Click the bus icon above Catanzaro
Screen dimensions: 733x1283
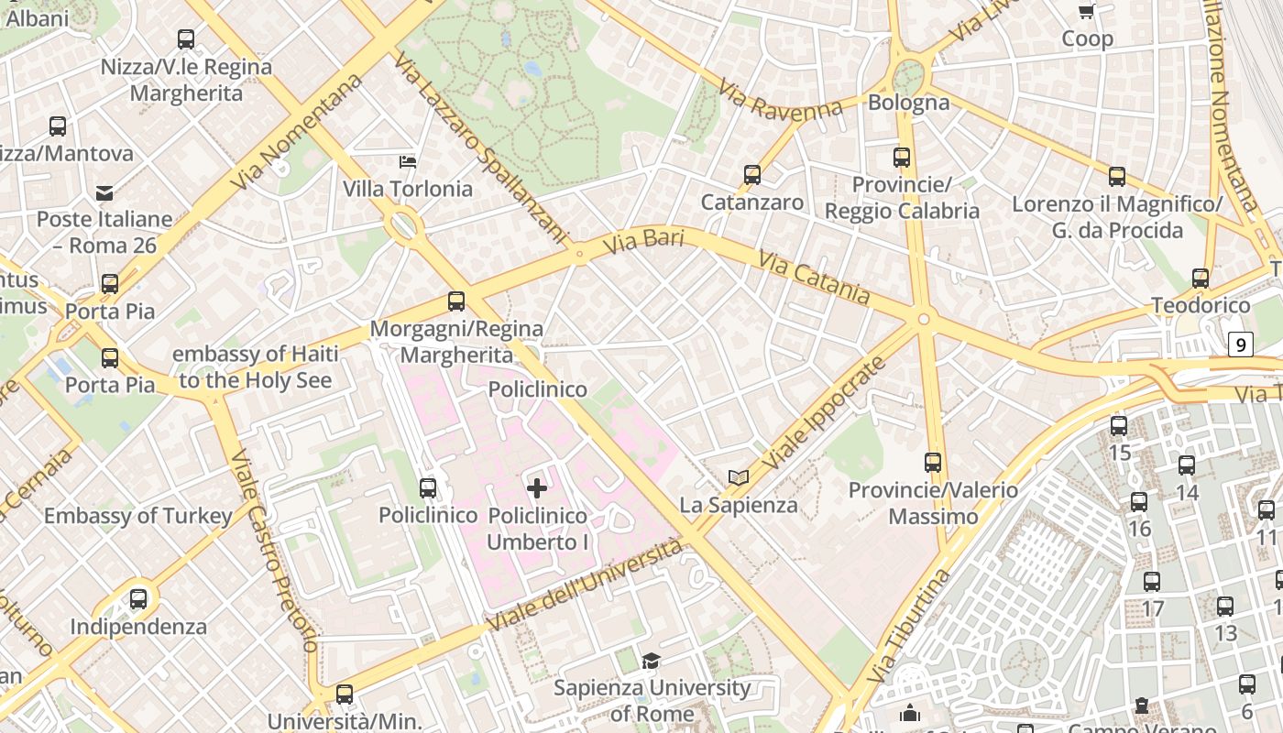(x=752, y=174)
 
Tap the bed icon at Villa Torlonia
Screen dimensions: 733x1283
(x=408, y=162)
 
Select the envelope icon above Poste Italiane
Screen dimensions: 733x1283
(x=104, y=192)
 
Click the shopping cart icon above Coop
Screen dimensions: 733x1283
(x=1087, y=11)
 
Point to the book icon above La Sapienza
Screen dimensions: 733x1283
(x=738, y=477)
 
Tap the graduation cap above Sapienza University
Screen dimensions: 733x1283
(x=651, y=661)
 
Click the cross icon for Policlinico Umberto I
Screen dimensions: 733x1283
(x=537, y=487)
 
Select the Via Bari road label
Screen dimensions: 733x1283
(x=644, y=243)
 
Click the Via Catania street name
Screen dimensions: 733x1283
(x=814, y=276)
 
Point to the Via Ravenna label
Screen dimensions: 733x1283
(x=780, y=101)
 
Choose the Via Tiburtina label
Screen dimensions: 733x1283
(x=907, y=626)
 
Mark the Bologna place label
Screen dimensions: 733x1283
(x=908, y=102)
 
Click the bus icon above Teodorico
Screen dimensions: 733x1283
(x=1201, y=279)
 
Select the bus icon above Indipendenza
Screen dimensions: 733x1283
(x=138, y=599)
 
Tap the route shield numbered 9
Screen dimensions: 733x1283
(x=1240, y=345)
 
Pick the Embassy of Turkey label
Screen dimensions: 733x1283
(x=138, y=516)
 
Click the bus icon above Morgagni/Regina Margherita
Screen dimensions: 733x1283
(x=456, y=301)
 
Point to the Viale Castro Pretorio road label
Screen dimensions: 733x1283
(x=272, y=550)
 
